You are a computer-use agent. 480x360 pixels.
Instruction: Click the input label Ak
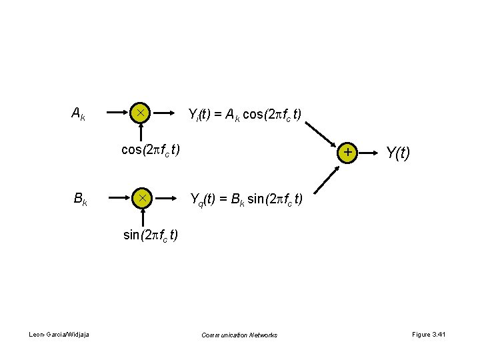78,114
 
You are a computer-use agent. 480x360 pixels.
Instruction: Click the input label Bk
79,199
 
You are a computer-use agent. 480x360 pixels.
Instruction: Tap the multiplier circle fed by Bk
141,197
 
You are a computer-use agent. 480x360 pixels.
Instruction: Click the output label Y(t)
398,153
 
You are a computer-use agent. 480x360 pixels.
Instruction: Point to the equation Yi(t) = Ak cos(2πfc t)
245,115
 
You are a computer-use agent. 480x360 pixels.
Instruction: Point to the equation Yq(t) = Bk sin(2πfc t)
246,199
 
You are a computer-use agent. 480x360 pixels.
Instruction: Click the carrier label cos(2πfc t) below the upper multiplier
150,149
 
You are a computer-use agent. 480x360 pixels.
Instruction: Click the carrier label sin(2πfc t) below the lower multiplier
151,235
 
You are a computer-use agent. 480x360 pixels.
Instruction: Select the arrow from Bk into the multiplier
119,197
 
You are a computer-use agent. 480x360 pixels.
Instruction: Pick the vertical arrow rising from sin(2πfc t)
141,217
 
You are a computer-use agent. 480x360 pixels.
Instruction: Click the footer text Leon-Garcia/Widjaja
60,335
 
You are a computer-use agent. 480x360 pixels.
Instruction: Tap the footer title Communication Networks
239,335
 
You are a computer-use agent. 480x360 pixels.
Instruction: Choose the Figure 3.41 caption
429,335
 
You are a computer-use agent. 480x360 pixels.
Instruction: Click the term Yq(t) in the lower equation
203,199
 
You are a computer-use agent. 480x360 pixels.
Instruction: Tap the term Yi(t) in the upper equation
201,115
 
